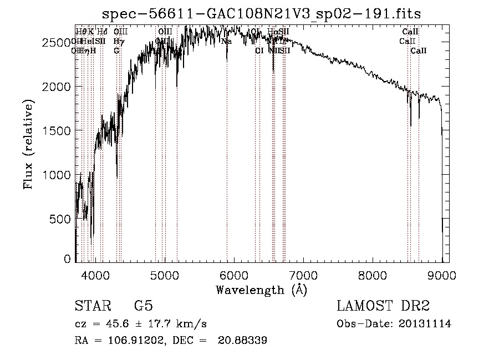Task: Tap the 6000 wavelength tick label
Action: (234, 275)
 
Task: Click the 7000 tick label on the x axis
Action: (303, 275)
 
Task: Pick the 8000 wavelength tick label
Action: (373, 275)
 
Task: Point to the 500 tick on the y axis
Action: (61, 219)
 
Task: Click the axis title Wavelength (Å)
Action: (261, 290)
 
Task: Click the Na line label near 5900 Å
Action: (226, 41)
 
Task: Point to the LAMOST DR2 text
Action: (383, 306)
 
